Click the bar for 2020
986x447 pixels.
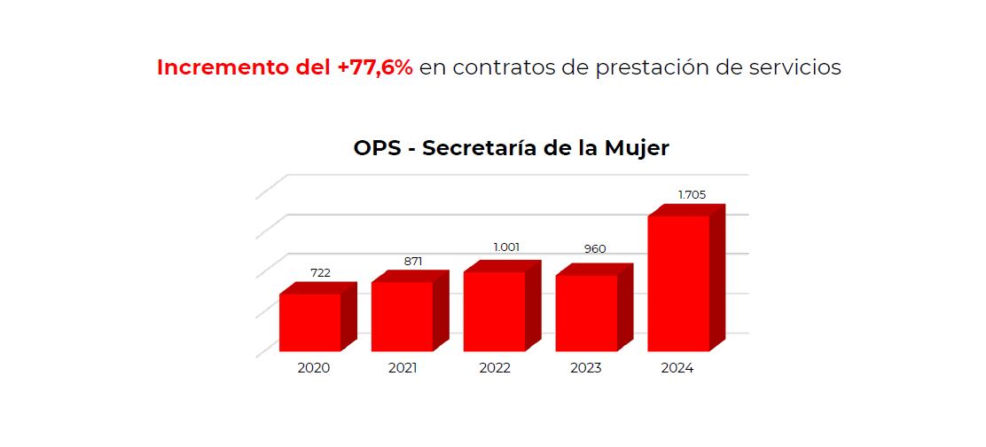pos(310,322)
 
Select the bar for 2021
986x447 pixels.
pos(403,316)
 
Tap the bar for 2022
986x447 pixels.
pos(495,311)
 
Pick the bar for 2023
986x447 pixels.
pos(587,313)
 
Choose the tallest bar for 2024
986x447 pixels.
pos(679,283)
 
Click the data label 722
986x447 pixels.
pos(320,272)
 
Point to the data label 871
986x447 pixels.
pos(412,261)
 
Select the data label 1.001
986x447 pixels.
pos(506,247)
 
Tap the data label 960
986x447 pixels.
pos(595,249)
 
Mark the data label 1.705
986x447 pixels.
pos(692,194)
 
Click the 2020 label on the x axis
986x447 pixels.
pos(313,368)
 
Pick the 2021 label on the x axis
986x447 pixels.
pos(403,368)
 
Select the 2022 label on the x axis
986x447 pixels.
pos(494,368)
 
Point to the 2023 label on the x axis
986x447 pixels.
pos(584,368)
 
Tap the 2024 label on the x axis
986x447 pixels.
pos(677,368)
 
